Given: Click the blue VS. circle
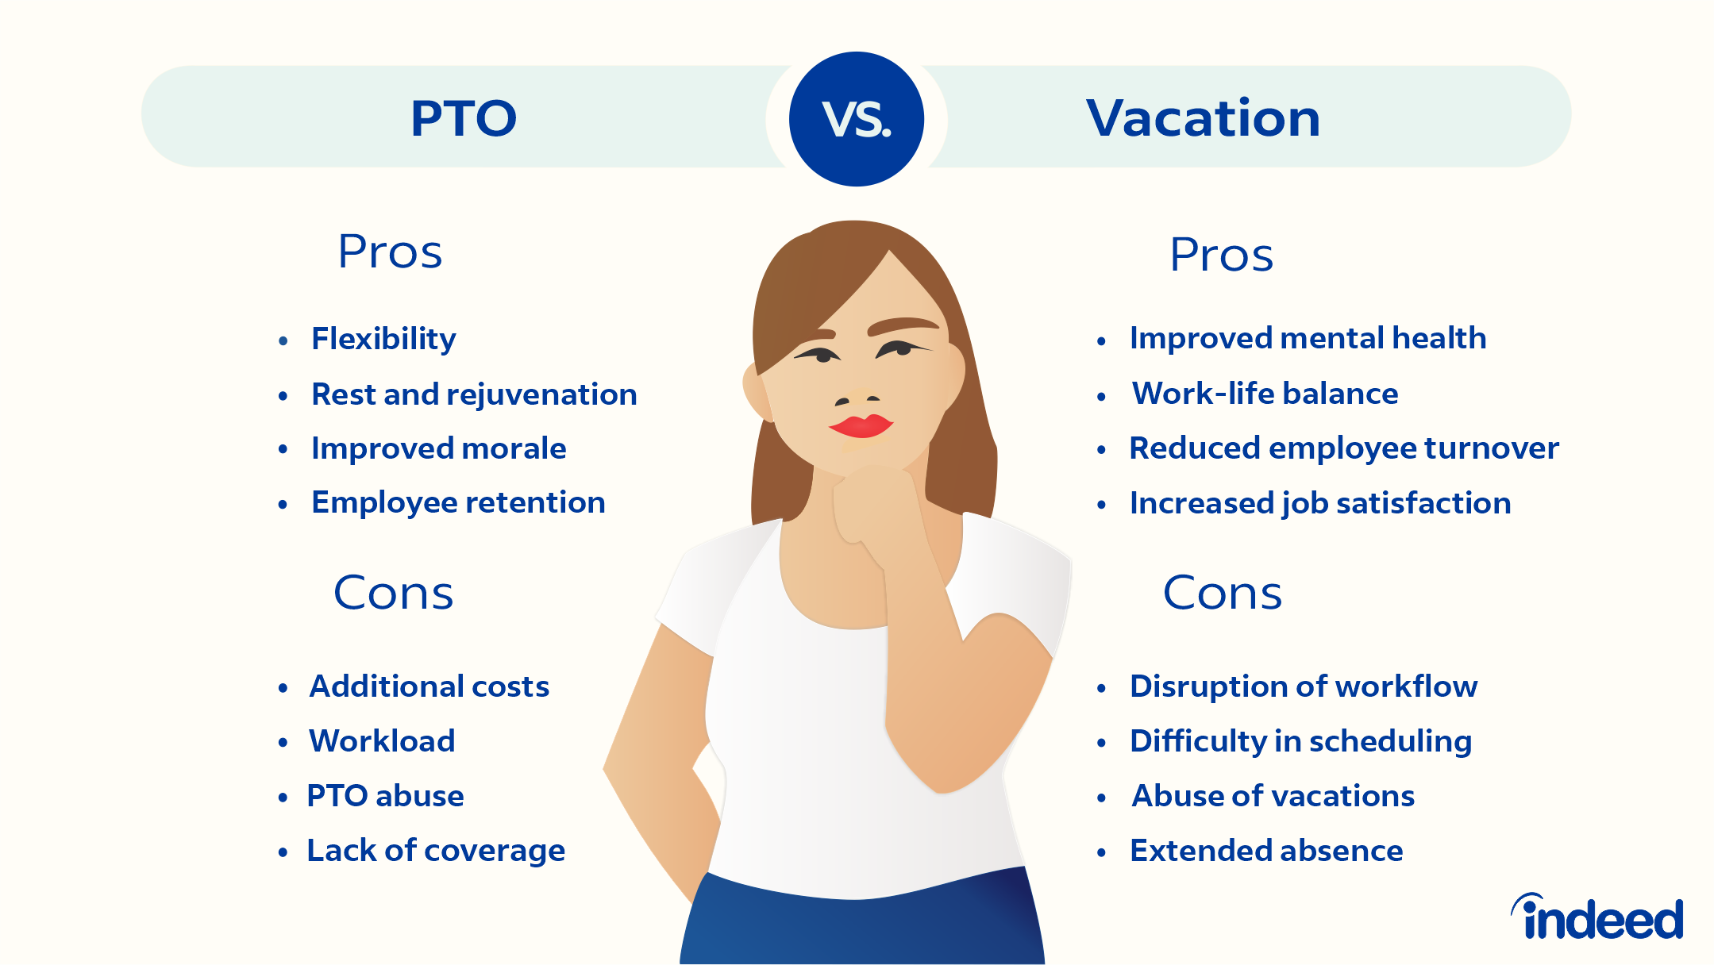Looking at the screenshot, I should [x=857, y=119].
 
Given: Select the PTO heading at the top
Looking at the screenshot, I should [x=464, y=119].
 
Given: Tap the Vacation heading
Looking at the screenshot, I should [x=1203, y=119].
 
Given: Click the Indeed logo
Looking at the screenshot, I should [x=1597, y=918].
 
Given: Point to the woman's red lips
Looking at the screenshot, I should [x=861, y=426].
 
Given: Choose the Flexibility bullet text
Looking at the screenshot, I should [x=383, y=339].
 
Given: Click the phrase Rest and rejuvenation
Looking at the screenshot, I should [x=474, y=394].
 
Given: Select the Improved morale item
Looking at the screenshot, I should [x=438, y=448].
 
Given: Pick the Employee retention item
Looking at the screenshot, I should [x=458, y=502].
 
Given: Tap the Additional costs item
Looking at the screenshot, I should [x=429, y=686].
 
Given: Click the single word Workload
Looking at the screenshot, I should [x=382, y=741].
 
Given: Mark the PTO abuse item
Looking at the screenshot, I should [x=385, y=796].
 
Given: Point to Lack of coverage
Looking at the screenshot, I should [x=436, y=851].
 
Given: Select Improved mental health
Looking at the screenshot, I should [x=1308, y=338].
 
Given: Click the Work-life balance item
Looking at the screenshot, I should [x=1265, y=394].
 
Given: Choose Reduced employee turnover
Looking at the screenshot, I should [x=1343, y=448].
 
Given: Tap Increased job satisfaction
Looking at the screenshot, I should [x=1319, y=503].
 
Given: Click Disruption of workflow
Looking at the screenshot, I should [x=1303, y=686].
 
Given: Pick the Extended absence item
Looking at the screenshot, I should [x=1266, y=851].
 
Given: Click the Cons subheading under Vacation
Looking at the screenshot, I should [x=1222, y=593].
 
